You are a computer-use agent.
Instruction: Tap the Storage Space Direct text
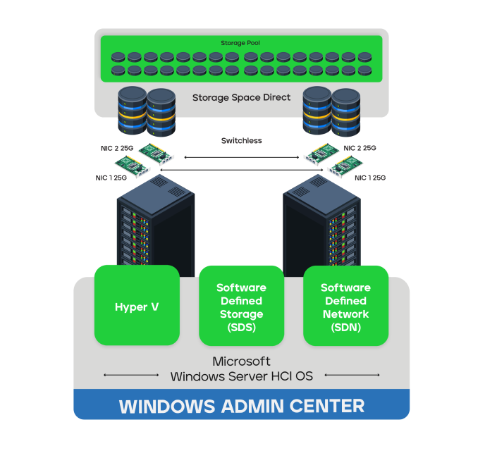(241, 98)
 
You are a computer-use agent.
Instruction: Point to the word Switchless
(241, 141)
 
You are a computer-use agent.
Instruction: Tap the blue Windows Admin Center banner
(241, 406)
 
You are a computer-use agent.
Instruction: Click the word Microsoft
(241, 361)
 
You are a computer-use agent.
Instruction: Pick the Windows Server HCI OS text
(241, 376)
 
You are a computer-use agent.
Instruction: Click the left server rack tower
(156, 225)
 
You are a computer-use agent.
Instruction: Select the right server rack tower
(321, 225)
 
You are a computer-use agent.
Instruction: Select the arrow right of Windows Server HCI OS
(352, 375)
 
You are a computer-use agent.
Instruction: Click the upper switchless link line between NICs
(241, 157)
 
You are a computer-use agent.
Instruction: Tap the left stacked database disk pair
(146, 111)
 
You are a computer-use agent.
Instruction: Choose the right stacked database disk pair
(331, 111)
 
